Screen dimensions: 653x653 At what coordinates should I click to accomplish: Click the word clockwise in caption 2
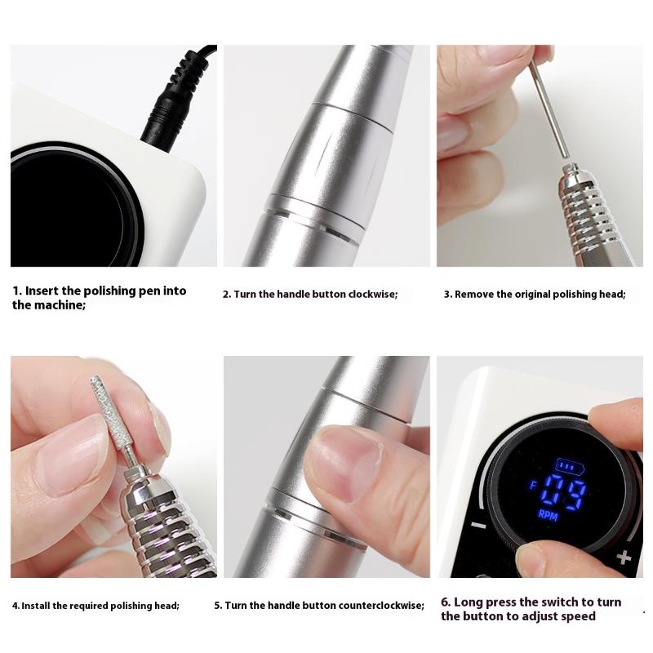371,294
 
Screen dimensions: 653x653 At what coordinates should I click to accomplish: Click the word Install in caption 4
37,606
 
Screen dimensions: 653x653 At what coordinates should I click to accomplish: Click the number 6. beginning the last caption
446,602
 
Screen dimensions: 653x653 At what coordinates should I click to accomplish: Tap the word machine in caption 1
59,305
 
